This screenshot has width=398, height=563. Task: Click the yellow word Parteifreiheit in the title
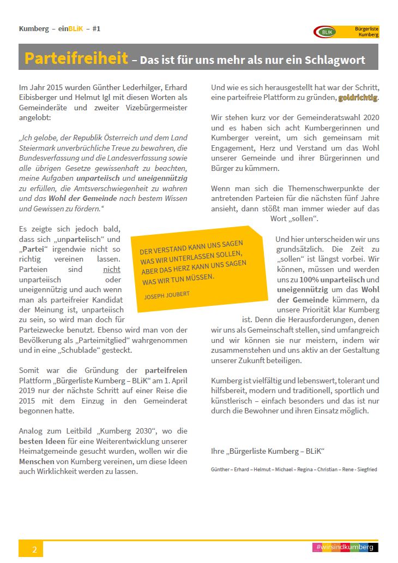76,58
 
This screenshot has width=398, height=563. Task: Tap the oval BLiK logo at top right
325,32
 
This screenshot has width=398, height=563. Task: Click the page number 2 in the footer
34,549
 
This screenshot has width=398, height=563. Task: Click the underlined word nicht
111,269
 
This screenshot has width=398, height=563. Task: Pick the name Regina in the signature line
298,469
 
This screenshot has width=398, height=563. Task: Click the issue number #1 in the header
96,28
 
